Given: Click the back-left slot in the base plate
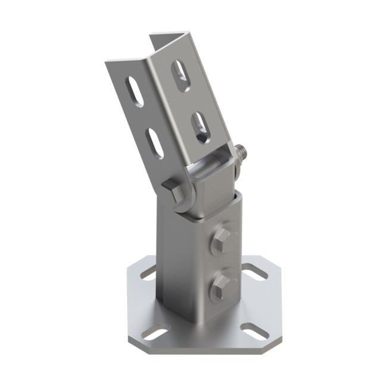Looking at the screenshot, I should tap(148, 274).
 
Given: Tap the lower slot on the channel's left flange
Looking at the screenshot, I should tap(155, 143).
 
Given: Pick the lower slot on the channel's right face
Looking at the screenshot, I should tap(199, 127).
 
